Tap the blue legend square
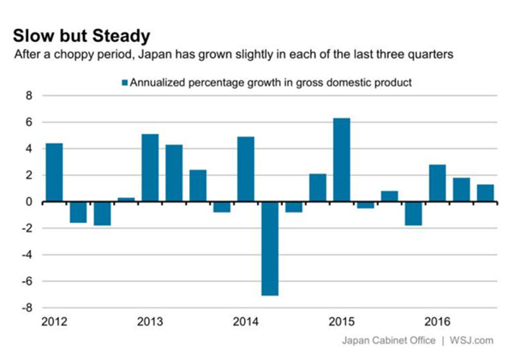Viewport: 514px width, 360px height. [124, 82]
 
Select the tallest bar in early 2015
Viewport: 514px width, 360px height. [341, 159]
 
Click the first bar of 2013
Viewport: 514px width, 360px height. [150, 168]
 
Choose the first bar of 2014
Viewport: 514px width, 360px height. [245, 169]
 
